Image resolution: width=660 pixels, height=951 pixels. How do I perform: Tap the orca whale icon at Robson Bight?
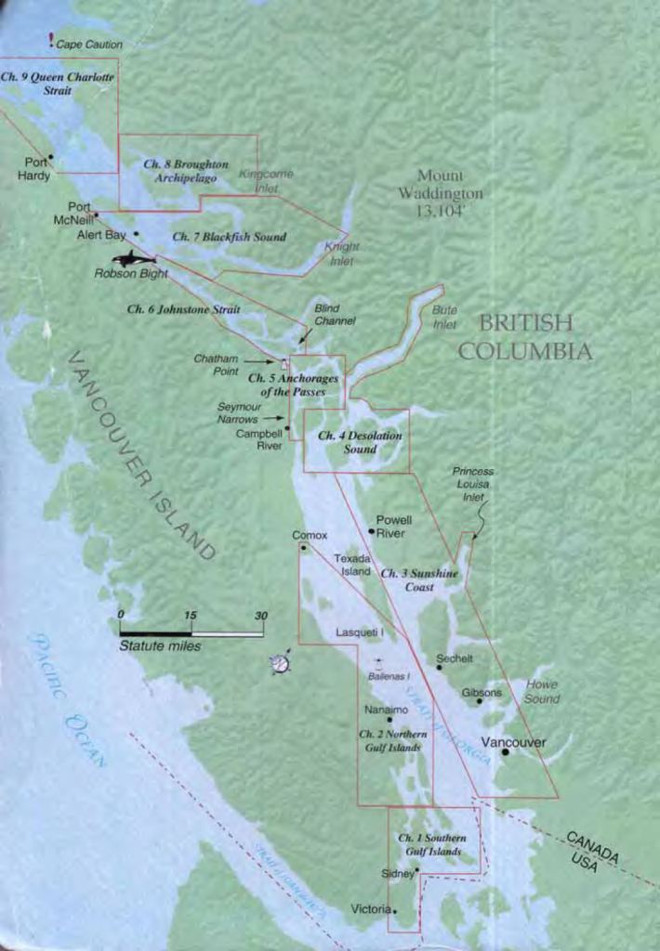[136, 258]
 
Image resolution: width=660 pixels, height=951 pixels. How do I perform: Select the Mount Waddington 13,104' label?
[440, 192]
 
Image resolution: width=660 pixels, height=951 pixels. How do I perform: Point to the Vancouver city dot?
[505, 751]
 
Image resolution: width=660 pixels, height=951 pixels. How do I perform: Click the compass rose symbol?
[280, 662]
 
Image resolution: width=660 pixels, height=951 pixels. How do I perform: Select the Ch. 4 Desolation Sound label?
[360, 442]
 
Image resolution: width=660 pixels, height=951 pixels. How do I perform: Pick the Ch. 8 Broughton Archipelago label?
[185, 171]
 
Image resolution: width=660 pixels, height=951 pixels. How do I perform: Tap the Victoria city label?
[371, 909]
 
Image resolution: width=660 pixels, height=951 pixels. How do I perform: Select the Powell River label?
[393, 527]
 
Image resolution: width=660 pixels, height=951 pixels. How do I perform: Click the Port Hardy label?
[35, 168]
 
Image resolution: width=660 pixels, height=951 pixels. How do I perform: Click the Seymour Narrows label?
[238, 412]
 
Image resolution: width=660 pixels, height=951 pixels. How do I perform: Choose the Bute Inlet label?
[445, 319]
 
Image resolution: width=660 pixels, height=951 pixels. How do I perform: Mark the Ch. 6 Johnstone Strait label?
[183, 309]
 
